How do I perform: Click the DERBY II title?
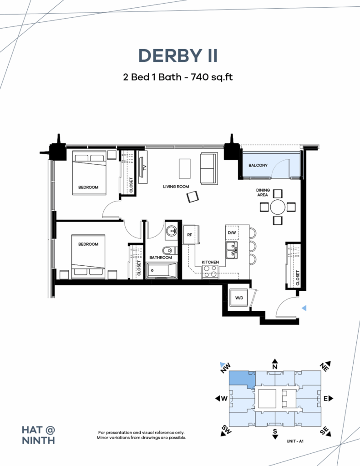tap(178, 55)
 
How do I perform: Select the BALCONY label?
tap(258, 165)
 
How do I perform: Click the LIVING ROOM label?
tap(176, 187)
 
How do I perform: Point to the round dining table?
tap(278, 207)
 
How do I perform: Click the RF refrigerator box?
tap(190, 235)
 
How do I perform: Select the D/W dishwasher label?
tap(231, 233)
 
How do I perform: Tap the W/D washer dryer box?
tap(238, 298)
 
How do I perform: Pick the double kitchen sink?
tap(231, 249)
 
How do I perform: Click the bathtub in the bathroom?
tap(162, 271)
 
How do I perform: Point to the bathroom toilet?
tap(167, 250)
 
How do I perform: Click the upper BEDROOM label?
tap(88, 187)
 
